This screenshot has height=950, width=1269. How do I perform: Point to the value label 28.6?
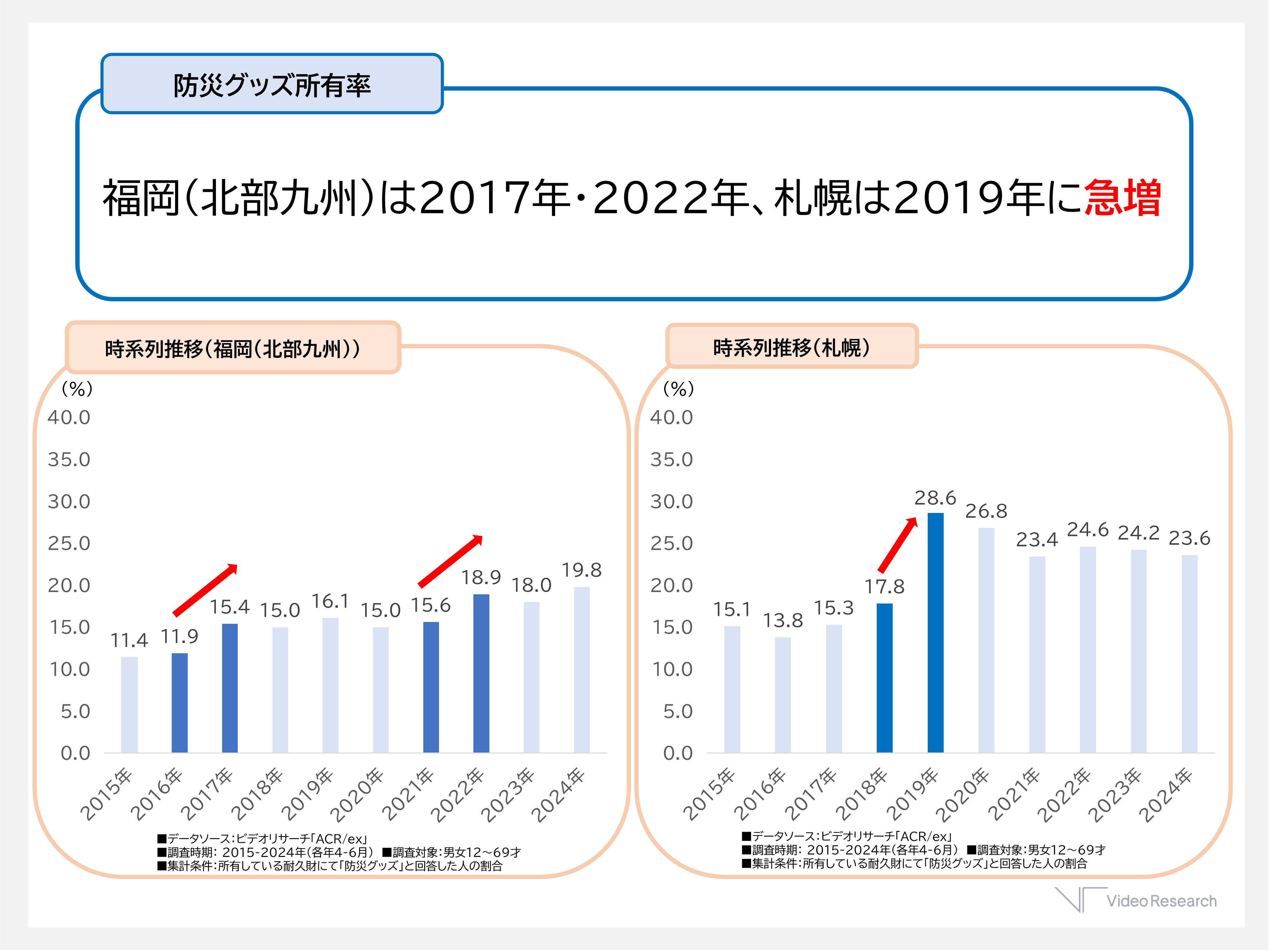935,497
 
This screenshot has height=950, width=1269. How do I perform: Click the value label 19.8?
581,570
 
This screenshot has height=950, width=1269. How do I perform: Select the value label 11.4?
129,640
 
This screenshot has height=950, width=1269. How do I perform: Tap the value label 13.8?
782,620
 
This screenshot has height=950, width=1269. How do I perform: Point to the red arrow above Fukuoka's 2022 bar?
450,561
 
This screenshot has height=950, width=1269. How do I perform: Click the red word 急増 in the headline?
1123,198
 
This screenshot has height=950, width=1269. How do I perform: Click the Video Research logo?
1136,900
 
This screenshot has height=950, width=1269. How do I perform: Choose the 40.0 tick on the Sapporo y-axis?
671,417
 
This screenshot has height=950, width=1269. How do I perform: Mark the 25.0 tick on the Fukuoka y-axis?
69,543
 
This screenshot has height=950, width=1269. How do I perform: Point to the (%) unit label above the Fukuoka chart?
77,389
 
